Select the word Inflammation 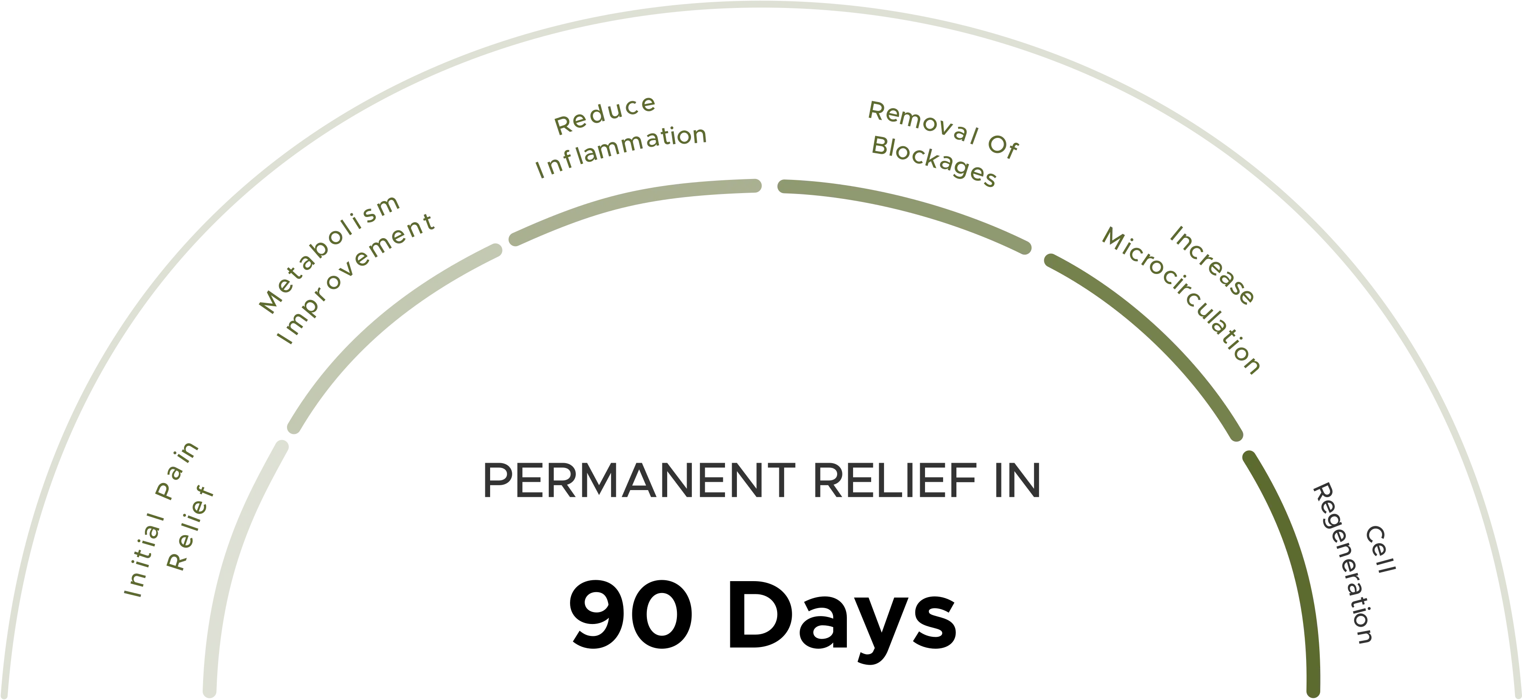coord(620,151)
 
